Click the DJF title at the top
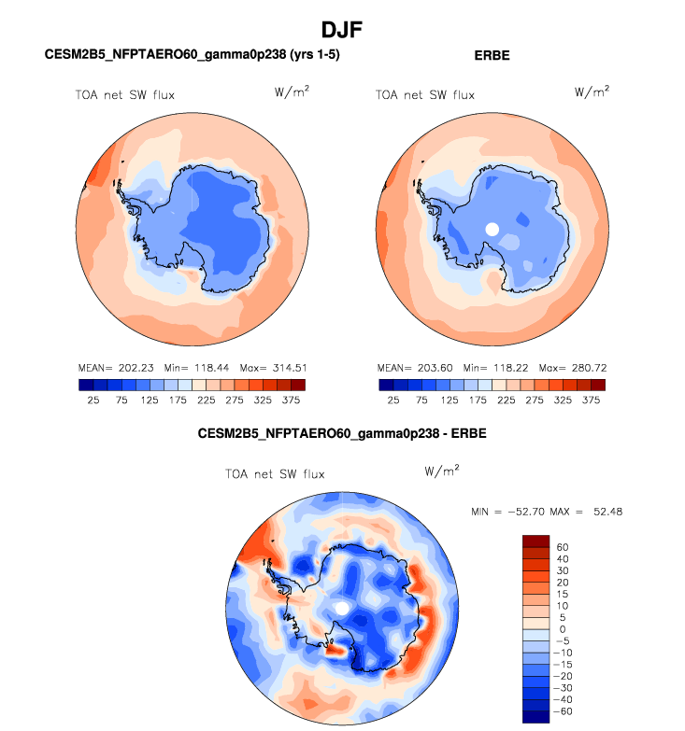coord(342,30)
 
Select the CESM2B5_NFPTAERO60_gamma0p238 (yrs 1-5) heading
coord(192,56)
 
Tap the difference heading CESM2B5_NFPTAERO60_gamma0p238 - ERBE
coord(342,434)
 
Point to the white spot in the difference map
coord(343,607)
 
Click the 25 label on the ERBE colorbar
coord(393,400)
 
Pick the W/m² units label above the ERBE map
coord(592,91)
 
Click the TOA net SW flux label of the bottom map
coord(275,474)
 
